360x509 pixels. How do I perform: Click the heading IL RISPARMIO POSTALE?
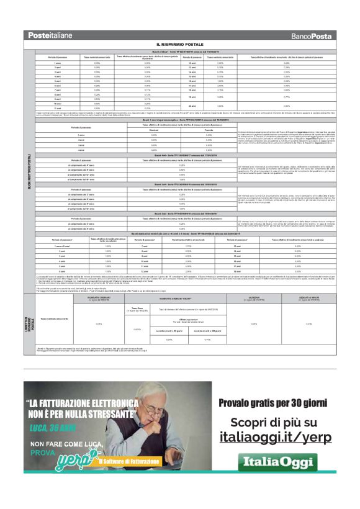[180, 45]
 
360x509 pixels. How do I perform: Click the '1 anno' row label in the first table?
[57, 63]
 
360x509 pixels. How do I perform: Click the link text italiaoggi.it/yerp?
[276, 437]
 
